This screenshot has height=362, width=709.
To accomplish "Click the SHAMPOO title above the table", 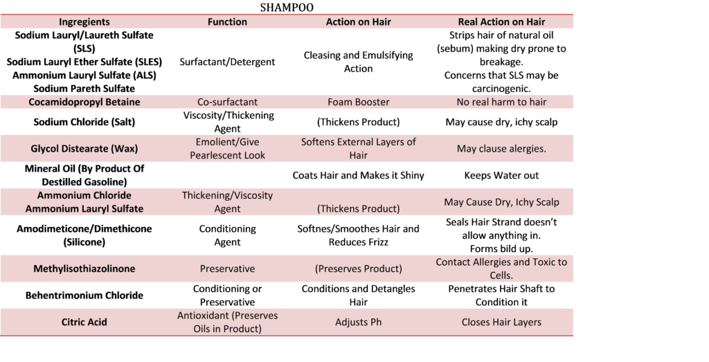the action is [287, 8].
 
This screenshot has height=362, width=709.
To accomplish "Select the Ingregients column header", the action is [84, 21].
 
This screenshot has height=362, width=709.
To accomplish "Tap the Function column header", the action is [227, 21].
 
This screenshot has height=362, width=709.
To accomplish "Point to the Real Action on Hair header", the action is [501, 21].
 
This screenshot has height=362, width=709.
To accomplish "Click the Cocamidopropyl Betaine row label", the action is [84, 102].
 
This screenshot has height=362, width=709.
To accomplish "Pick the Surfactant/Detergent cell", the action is [227, 62].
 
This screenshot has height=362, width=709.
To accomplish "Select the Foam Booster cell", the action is [359, 102].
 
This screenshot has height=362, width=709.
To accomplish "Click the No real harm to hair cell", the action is [501, 102].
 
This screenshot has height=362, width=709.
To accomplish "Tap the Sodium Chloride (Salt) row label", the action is [84, 122].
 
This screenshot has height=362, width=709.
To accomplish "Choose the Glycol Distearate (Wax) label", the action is [84, 149].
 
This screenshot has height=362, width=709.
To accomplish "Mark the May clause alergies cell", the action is [501, 149].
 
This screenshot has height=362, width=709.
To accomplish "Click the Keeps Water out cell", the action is [501, 175].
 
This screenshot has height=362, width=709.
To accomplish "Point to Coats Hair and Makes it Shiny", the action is [359, 175].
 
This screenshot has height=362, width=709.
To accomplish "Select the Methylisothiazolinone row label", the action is [84, 269].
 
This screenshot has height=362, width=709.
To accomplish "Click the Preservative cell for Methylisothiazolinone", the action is [227, 269].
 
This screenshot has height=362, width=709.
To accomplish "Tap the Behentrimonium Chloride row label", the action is [84, 296].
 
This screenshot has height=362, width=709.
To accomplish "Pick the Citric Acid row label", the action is [84, 323].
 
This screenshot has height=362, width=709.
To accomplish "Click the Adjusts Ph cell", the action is [359, 323].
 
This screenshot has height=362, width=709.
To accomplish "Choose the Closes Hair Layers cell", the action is [501, 323].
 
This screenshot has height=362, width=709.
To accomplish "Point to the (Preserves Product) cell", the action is [359, 269].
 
